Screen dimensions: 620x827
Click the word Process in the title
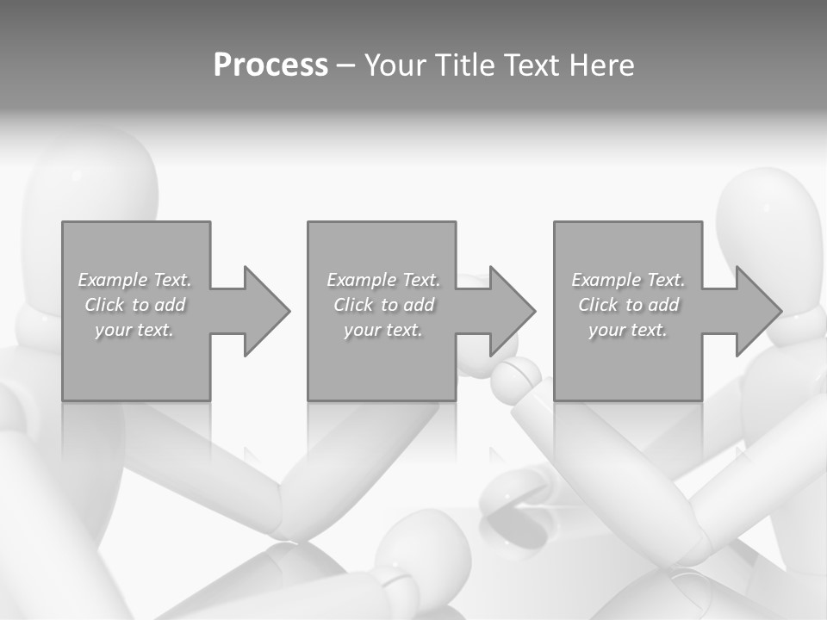[x=270, y=65]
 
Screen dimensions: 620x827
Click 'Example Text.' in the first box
[x=134, y=280]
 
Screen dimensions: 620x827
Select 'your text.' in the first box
[x=134, y=330]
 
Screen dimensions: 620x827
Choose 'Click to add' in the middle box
[x=383, y=305]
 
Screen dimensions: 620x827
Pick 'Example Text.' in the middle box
[x=383, y=280]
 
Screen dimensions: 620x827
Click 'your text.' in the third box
[x=628, y=330]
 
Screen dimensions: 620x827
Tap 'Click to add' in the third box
[x=628, y=305]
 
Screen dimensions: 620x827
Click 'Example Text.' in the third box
[x=628, y=280]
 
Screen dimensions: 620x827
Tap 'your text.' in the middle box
[x=383, y=330]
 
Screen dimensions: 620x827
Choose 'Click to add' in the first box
[x=134, y=305]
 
